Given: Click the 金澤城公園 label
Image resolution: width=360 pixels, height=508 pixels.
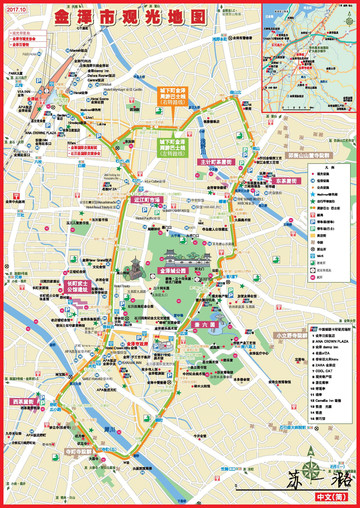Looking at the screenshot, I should click(x=173, y=270).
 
